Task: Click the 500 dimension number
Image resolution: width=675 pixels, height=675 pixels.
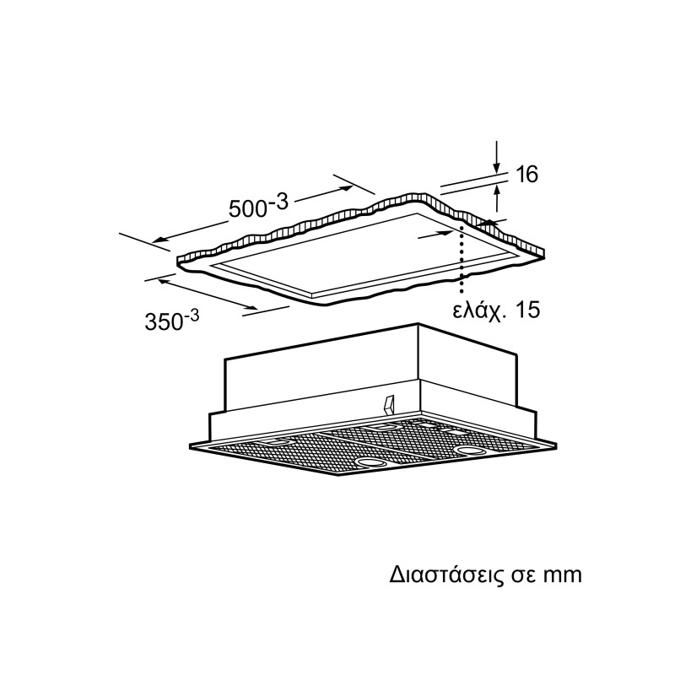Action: (x=247, y=208)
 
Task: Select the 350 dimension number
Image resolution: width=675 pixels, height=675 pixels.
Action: (x=164, y=321)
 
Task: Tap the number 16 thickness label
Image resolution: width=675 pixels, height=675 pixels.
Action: (x=526, y=174)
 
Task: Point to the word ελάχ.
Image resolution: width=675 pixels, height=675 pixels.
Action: (x=478, y=310)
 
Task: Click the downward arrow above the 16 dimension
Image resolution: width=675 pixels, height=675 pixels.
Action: (x=497, y=157)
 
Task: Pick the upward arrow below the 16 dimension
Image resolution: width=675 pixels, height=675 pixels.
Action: (x=497, y=197)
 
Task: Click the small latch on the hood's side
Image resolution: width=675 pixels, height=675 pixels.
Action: (x=388, y=403)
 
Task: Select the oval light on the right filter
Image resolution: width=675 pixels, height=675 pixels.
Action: (x=469, y=451)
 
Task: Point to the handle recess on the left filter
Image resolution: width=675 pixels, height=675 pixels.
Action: (x=276, y=441)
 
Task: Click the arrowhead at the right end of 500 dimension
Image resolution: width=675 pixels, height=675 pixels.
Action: (x=348, y=188)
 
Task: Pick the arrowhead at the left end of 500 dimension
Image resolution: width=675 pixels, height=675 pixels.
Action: (x=159, y=240)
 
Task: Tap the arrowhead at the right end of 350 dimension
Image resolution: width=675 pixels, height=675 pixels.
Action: (x=252, y=307)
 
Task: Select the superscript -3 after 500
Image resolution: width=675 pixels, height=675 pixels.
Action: (x=278, y=202)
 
